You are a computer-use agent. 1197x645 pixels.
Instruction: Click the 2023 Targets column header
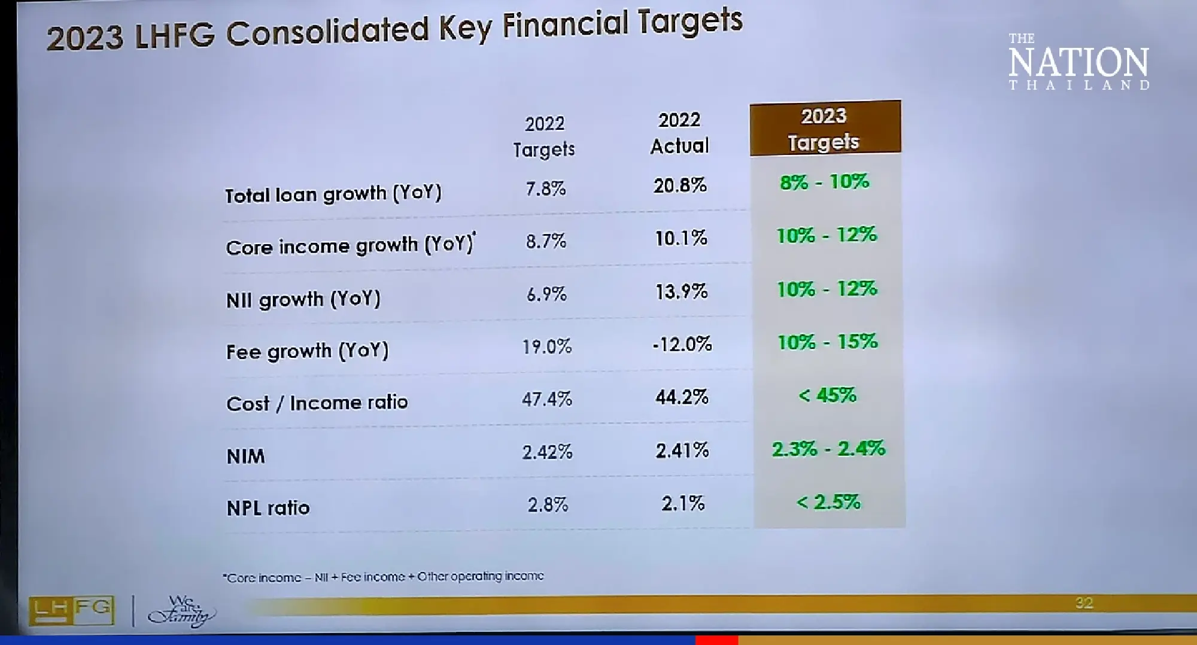tap(824, 129)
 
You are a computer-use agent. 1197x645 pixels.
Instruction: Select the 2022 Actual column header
tap(679, 133)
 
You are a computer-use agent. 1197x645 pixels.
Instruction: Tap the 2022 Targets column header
tap(544, 136)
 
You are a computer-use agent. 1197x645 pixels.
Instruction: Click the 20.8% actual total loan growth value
tap(680, 185)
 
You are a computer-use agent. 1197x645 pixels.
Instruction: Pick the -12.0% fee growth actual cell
tap(682, 344)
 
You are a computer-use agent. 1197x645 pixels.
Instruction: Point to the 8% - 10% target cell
tap(825, 182)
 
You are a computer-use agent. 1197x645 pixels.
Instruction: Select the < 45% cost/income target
tap(828, 395)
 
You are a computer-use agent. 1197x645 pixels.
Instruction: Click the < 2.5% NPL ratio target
tap(829, 502)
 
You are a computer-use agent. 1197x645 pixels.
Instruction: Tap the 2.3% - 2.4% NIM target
tap(828, 449)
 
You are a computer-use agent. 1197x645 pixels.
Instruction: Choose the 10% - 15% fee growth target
tap(828, 342)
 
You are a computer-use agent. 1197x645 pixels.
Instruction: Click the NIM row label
tap(245, 457)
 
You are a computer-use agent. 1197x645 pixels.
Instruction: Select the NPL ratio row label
tap(268, 508)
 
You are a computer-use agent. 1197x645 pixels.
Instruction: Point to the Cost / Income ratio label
tap(317, 403)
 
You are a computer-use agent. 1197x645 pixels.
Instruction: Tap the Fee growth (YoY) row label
tap(307, 351)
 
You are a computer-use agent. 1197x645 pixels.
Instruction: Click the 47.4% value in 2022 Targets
tap(547, 399)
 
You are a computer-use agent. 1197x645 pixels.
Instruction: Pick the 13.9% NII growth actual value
tap(681, 292)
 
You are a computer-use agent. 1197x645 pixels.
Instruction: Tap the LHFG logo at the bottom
tap(72, 610)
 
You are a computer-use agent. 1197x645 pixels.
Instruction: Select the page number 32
tap(1084, 603)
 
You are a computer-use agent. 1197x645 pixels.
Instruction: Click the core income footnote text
tap(383, 577)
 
